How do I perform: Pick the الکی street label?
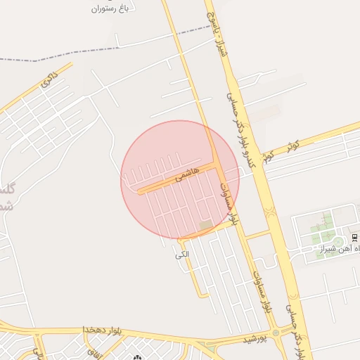click(x=183, y=255)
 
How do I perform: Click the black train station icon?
click(x=354, y=236)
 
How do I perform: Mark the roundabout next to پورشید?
click(x=276, y=333)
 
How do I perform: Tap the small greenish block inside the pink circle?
click(x=205, y=226)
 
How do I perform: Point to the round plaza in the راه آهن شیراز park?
click(x=338, y=242)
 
